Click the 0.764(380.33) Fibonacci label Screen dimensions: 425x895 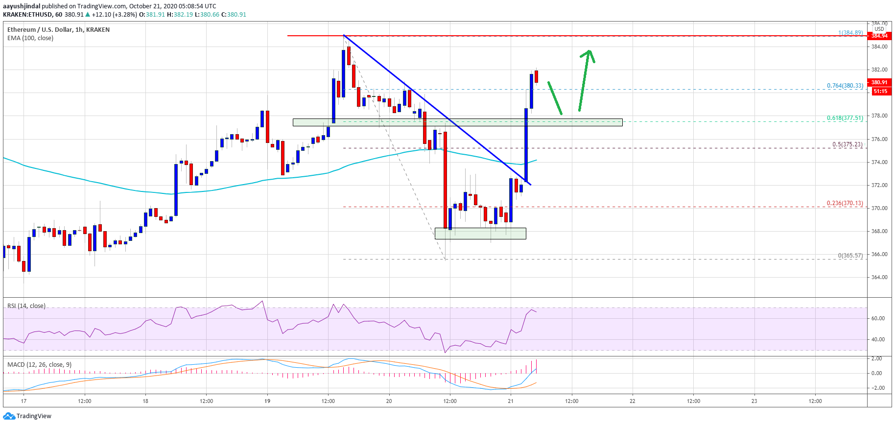[x=845, y=86]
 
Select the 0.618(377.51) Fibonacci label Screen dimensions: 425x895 [x=845, y=118]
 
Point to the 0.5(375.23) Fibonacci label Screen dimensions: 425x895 [x=848, y=144]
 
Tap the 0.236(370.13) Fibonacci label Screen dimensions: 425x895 [x=845, y=203]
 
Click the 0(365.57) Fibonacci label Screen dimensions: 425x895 [x=850, y=256]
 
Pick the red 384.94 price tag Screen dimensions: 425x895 [x=879, y=36]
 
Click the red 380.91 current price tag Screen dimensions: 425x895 [x=879, y=82]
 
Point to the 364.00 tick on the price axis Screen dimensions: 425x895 [x=879, y=277]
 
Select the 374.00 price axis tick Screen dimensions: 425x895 [x=879, y=162]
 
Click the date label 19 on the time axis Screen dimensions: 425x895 [x=267, y=401]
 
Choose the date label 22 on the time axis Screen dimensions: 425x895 [x=633, y=401]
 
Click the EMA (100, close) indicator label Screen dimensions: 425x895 [x=30, y=38]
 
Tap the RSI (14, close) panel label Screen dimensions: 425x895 [x=26, y=306]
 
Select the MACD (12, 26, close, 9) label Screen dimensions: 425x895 [x=39, y=365]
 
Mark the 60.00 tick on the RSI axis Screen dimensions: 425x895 [x=878, y=318]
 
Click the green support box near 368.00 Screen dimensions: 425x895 [x=480, y=234]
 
